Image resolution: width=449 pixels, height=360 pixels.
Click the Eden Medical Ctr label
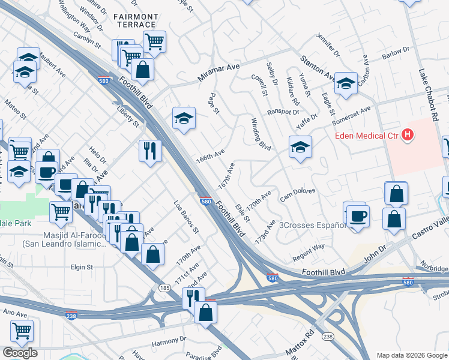[x=367, y=136]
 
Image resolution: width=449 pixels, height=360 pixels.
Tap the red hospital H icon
[x=408, y=135]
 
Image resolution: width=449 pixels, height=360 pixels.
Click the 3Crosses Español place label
[x=312, y=225]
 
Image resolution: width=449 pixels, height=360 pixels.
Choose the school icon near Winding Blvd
[x=300, y=147]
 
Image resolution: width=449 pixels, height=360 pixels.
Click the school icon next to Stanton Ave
[x=346, y=84]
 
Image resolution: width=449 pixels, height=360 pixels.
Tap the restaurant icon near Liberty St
[x=149, y=150]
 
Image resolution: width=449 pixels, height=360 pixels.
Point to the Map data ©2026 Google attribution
[x=412, y=355]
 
